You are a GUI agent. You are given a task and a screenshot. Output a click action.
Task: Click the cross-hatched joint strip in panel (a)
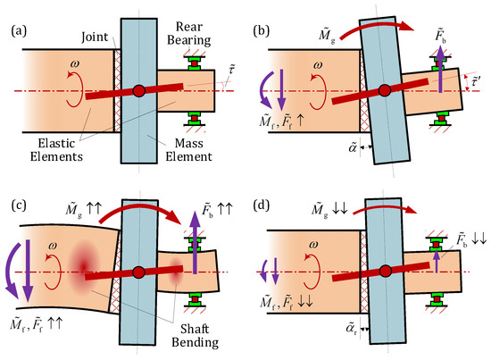(x=112, y=90)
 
